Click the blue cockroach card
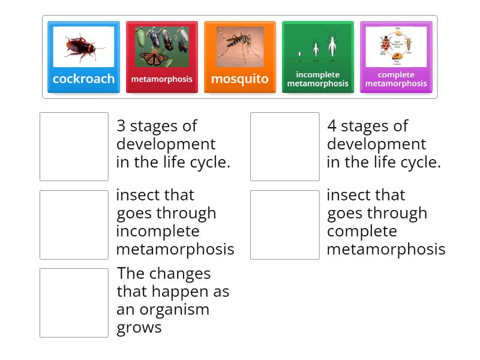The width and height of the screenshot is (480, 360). point(83,58)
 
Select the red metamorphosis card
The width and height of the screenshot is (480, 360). point(161,58)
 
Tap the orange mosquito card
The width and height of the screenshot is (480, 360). point(239,58)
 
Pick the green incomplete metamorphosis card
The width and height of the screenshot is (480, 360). point(317,58)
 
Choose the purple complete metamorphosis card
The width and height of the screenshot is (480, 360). point(395,58)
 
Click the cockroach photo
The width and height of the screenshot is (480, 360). point(84,46)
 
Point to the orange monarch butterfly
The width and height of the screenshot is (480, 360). point(155,58)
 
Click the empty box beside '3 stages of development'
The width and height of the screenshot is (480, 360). point(74,146)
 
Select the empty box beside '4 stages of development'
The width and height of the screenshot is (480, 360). point(284,146)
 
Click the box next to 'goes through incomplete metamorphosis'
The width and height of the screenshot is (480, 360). point(74,224)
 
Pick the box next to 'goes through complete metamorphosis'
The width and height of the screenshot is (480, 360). point(284,224)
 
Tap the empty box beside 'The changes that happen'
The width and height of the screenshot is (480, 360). point(74,302)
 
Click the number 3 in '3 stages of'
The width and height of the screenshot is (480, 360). point(121,127)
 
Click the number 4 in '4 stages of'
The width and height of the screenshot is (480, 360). point(332,127)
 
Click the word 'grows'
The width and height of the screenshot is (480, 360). point(139,328)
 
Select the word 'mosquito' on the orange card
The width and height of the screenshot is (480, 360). point(239,79)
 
